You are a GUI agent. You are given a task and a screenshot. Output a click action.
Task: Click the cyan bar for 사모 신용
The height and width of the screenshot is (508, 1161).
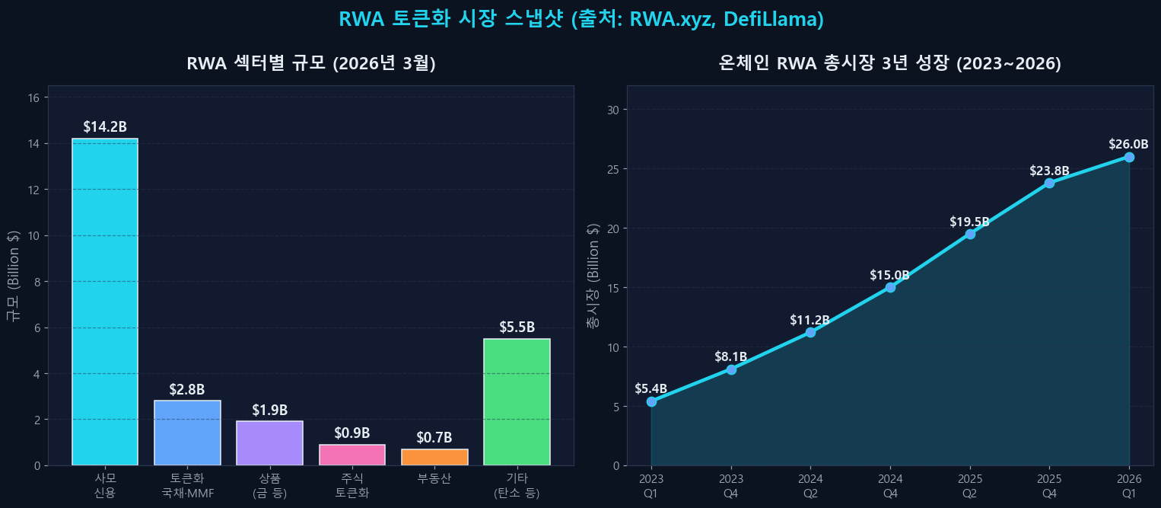[x=105, y=302]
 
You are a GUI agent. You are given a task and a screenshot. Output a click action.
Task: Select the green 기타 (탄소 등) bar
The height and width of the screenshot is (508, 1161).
[x=517, y=402]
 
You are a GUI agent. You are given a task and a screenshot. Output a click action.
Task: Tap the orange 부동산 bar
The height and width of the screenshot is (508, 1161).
[x=434, y=457]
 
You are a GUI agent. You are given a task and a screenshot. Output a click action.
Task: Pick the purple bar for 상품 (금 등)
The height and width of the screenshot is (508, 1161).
[x=269, y=443]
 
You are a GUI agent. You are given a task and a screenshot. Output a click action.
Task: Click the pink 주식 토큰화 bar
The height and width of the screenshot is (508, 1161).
[x=352, y=455]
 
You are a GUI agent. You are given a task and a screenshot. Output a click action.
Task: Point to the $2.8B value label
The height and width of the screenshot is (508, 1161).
[x=187, y=390]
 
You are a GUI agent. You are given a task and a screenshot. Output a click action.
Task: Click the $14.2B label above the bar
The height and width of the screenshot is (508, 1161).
[x=105, y=127]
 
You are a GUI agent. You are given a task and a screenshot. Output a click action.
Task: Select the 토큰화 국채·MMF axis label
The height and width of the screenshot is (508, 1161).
[x=187, y=486]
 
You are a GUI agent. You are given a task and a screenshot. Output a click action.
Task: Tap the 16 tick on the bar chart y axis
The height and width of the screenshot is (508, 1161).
[x=33, y=97]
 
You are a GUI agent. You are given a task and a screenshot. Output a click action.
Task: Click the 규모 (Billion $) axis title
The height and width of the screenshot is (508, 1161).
[x=13, y=275]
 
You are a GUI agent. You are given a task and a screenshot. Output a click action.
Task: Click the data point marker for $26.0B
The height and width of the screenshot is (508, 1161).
[x=1129, y=157]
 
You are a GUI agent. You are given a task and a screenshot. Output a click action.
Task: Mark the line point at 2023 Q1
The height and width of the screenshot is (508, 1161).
[x=651, y=401]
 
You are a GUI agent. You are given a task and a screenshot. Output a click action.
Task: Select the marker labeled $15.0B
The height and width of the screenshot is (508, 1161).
[x=890, y=287]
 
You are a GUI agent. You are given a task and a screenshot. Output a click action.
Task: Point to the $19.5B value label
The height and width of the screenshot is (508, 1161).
[x=969, y=222]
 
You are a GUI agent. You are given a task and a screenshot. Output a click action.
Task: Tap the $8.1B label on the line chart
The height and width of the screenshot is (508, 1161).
[x=730, y=357]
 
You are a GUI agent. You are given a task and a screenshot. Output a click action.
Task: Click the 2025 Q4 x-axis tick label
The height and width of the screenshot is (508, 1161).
[x=1049, y=486]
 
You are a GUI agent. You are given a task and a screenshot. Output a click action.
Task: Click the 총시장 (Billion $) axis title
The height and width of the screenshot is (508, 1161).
[x=593, y=275]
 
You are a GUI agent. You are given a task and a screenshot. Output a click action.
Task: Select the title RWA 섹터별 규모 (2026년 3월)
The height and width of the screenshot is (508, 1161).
[x=311, y=64]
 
